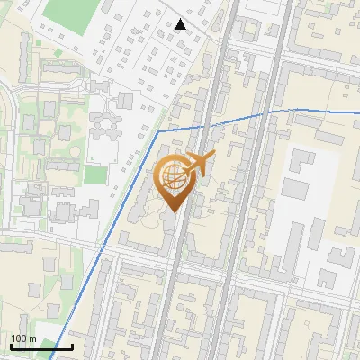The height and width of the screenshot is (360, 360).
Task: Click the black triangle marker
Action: (180, 23)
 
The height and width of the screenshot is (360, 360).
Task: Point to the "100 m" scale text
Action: (23, 338)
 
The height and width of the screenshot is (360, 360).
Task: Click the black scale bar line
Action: (41, 346)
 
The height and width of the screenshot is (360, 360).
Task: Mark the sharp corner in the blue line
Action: (158, 132)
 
